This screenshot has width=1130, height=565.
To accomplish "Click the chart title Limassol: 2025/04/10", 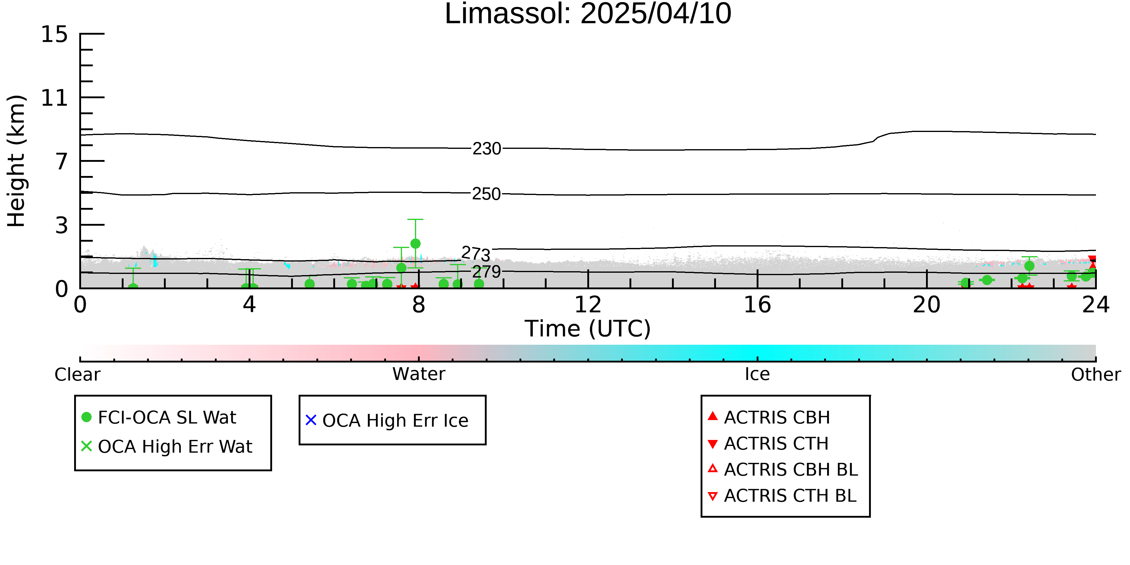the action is [x=588, y=14].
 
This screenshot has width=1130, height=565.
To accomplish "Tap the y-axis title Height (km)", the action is [x=17, y=161].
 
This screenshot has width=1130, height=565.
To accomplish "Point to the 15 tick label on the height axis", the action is [x=55, y=34].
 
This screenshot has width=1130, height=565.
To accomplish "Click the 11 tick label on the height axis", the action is [x=55, y=98].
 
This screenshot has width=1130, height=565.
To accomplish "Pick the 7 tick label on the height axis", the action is [x=62, y=162].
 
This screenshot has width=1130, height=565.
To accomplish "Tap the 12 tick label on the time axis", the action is [x=588, y=305].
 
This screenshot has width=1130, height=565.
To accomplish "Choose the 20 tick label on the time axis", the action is [x=927, y=305].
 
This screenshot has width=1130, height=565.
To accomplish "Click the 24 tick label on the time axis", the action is [x=1096, y=305].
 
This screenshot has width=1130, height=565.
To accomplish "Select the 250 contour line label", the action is [x=486, y=194].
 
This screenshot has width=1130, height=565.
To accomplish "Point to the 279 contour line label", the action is [x=486, y=272].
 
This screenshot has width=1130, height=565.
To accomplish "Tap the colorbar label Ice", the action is [x=757, y=374].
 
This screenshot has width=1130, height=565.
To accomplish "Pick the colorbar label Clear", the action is [x=77, y=375].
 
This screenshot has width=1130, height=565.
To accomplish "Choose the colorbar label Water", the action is [x=419, y=374].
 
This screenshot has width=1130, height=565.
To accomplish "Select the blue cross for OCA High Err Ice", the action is [x=311, y=420].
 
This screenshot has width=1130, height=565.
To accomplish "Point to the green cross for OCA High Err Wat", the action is [x=86, y=446].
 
